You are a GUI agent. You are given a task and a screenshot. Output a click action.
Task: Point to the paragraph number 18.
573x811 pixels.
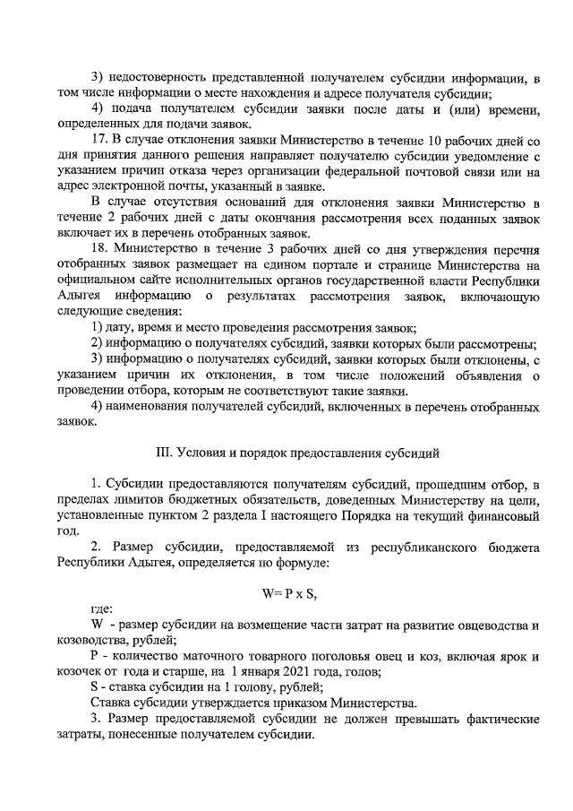pos(100,247)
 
